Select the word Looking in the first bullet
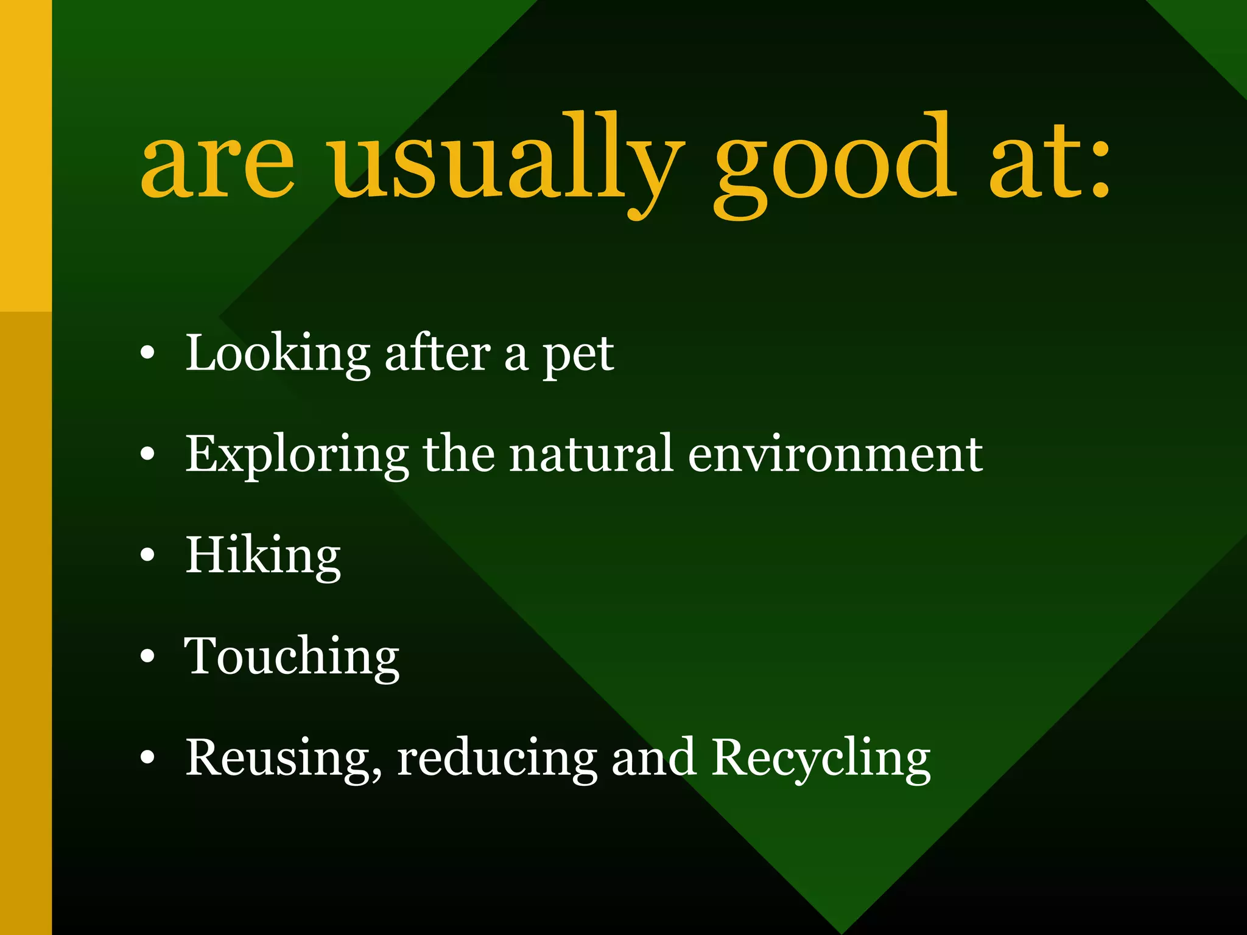coord(278,354)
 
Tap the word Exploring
coord(297,455)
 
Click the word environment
coord(835,455)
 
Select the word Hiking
coord(263,556)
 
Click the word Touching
coord(292,657)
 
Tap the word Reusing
coord(284,758)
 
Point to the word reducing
coord(497,758)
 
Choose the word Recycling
coord(821,758)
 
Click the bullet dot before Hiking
coord(147,556)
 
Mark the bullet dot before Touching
coord(147,657)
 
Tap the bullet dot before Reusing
coord(147,758)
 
